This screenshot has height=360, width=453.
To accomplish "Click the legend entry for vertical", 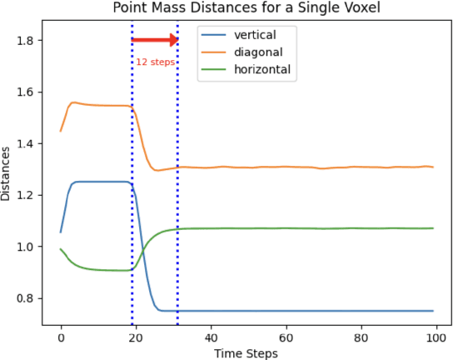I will click(x=254, y=35).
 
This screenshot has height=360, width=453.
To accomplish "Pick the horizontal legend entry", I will click(x=261, y=69).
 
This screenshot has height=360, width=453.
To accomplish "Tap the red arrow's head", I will click(x=173, y=40).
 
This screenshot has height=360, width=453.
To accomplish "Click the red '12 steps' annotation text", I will click(x=155, y=62).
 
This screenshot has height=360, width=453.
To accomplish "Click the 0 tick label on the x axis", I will click(x=61, y=338).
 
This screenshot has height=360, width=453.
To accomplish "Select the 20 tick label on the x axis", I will click(x=136, y=338).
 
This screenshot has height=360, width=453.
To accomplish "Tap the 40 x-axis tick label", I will click(x=211, y=338).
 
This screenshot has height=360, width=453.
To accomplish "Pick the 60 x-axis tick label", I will click(x=286, y=338).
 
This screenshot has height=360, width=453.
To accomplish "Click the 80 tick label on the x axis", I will click(x=361, y=338).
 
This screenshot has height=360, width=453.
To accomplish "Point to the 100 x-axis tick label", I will click(x=436, y=338).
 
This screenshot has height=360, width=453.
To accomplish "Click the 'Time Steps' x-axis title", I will click(x=246, y=352).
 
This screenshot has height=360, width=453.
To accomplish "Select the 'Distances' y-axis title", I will click(x=7, y=172).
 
